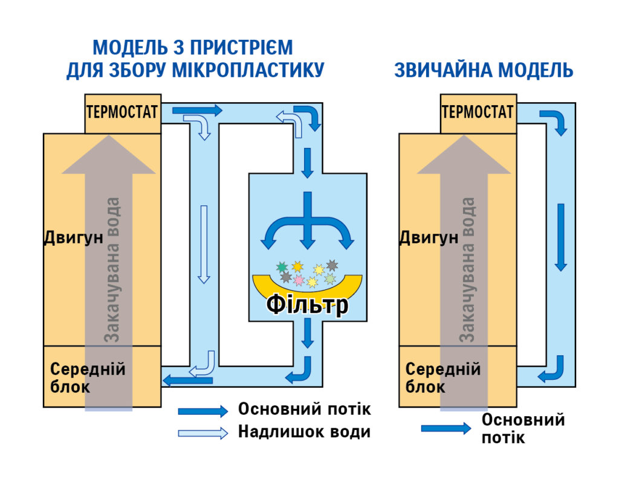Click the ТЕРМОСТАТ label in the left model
click(123, 112)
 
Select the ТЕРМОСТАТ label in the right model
click(478, 112)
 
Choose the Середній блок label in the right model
click(442, 377)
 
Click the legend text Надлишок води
click(304, 432)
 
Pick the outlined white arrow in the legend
click(203, 432)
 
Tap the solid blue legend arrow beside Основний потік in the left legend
click(203, 411)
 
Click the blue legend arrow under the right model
click(446, 428)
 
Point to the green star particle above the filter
click(282, 266)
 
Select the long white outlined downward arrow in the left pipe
click(204, 244)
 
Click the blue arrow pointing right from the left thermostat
click(197, 111)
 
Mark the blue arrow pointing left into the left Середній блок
click(188, 380)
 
